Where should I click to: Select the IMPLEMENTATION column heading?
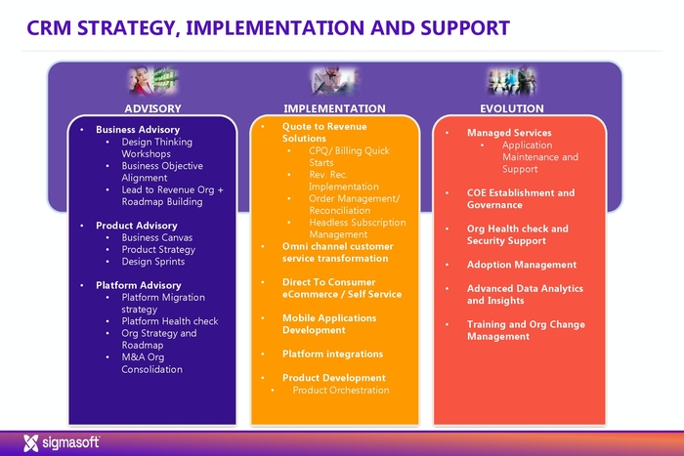point(334,108)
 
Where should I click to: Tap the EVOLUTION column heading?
point(512,108)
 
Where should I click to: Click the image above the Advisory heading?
point(151,80)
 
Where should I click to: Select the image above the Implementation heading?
point(334,80)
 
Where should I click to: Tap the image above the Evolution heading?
point(512,80)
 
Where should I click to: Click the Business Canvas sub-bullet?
point(156,237)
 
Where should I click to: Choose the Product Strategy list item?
point(159,250)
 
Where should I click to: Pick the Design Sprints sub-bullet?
point(152,262)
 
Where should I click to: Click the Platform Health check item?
point(169,321)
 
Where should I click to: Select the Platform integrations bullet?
point(332,353)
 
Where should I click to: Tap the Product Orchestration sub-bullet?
point(340,391)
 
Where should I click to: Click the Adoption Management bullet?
point(521,265)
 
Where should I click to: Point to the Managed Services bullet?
point(508,133)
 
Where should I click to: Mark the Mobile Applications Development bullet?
point(328,324)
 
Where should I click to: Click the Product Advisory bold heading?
point(136,226)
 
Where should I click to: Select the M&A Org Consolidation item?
point(151,363)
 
